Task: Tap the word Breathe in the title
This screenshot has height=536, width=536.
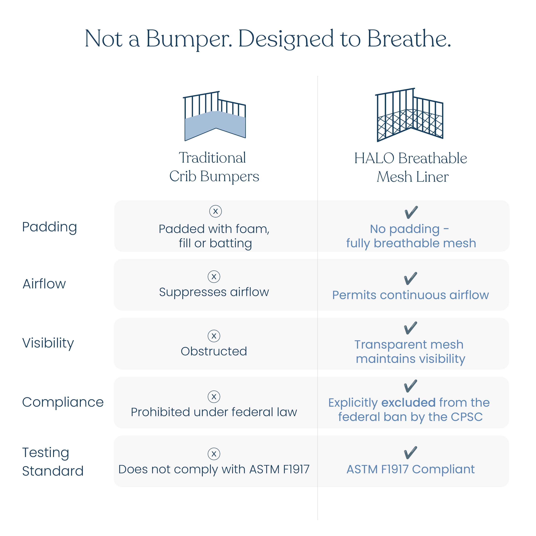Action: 409,39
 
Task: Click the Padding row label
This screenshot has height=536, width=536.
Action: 49,227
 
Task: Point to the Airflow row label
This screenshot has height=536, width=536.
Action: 44,284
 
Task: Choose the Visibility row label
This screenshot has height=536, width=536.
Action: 48,343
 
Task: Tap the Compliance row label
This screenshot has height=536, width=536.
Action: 63,402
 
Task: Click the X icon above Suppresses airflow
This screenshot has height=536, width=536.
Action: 214,277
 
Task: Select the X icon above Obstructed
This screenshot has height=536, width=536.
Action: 214,336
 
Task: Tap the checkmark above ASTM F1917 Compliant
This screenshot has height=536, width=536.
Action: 411,453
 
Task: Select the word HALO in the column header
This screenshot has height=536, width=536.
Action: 374,158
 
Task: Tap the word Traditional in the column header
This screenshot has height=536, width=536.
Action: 212,158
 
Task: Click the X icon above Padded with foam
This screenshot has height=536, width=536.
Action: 215,211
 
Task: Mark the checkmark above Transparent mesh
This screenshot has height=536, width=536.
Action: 411,328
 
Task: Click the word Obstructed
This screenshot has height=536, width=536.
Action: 214,351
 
